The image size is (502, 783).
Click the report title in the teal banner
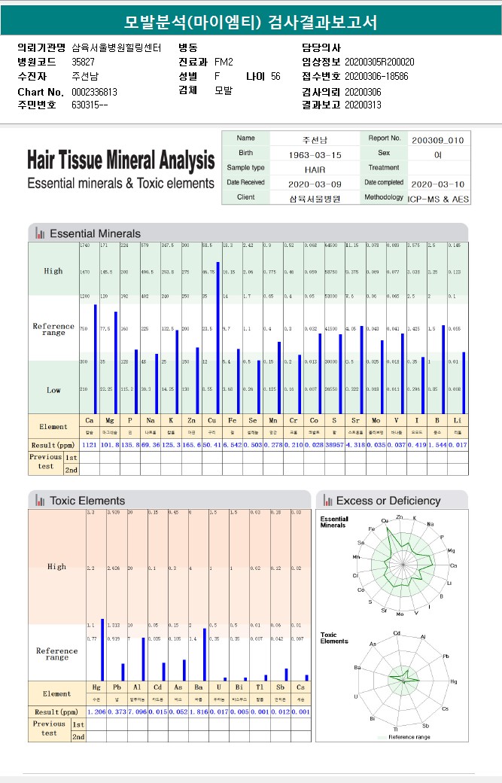pos(251,22)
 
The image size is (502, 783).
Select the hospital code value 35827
pos(83,62)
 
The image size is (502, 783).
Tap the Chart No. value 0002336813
pos(94,92)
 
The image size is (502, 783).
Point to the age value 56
pos(275,76)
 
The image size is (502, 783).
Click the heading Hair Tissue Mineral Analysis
pos(120,160)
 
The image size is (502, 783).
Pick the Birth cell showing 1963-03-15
pos(315,154)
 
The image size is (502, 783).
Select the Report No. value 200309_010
pos(437,140)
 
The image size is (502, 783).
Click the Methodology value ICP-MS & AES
pos(437,198)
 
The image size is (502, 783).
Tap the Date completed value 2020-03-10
pos(437,184)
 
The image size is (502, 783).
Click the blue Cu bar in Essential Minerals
pos(218,337)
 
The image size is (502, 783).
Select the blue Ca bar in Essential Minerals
pos(96,358)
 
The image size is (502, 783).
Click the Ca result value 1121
pos(90,446)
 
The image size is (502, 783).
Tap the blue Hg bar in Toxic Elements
pos(102,650)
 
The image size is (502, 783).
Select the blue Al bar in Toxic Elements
pos(143,659)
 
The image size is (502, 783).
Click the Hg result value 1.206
pos(96,711)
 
